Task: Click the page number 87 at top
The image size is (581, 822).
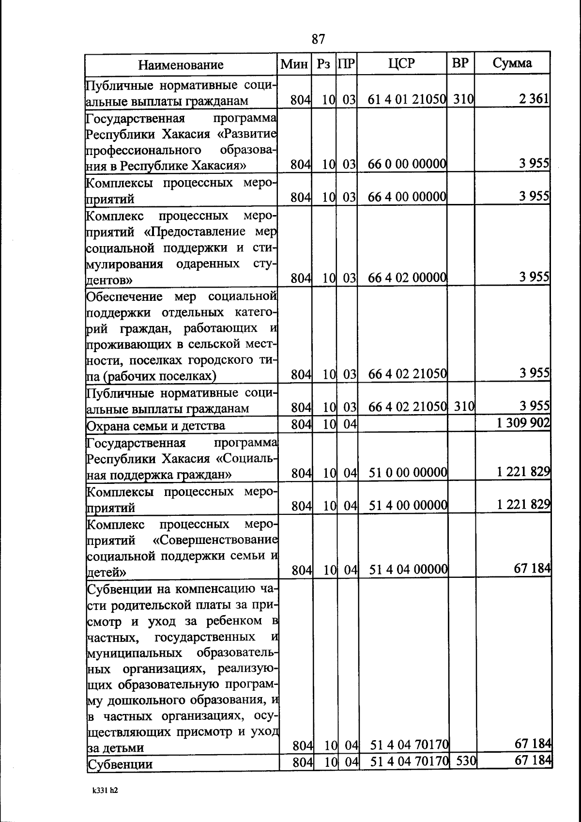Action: pos(318,39)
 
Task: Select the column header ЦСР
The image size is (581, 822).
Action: pos(401,63)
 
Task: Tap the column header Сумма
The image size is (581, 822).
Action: pos(512,63)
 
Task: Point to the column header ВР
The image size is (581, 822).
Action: pos(460,63)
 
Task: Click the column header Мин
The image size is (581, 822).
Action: pos(294,64)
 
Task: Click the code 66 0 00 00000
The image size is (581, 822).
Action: pos(407,164)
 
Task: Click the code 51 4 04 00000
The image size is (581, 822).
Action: pos(408,570)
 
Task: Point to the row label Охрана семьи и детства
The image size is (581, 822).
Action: pos(155,426)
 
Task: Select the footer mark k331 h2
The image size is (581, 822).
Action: pos(106,790)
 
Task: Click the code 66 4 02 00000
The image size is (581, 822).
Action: pos(407,278)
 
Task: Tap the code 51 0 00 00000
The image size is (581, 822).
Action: pos(408,472)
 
